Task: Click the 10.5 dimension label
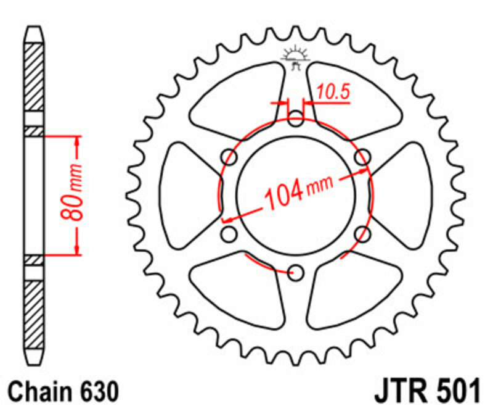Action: [333, 93]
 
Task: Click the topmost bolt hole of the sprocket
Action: [296, 119]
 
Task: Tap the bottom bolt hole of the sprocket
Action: [296, 272]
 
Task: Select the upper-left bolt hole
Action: [229, 157]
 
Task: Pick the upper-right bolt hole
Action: [363, 157]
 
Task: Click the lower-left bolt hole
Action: [229, 233]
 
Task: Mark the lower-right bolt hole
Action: [363, 233]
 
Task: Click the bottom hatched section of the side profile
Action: [35, 309]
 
